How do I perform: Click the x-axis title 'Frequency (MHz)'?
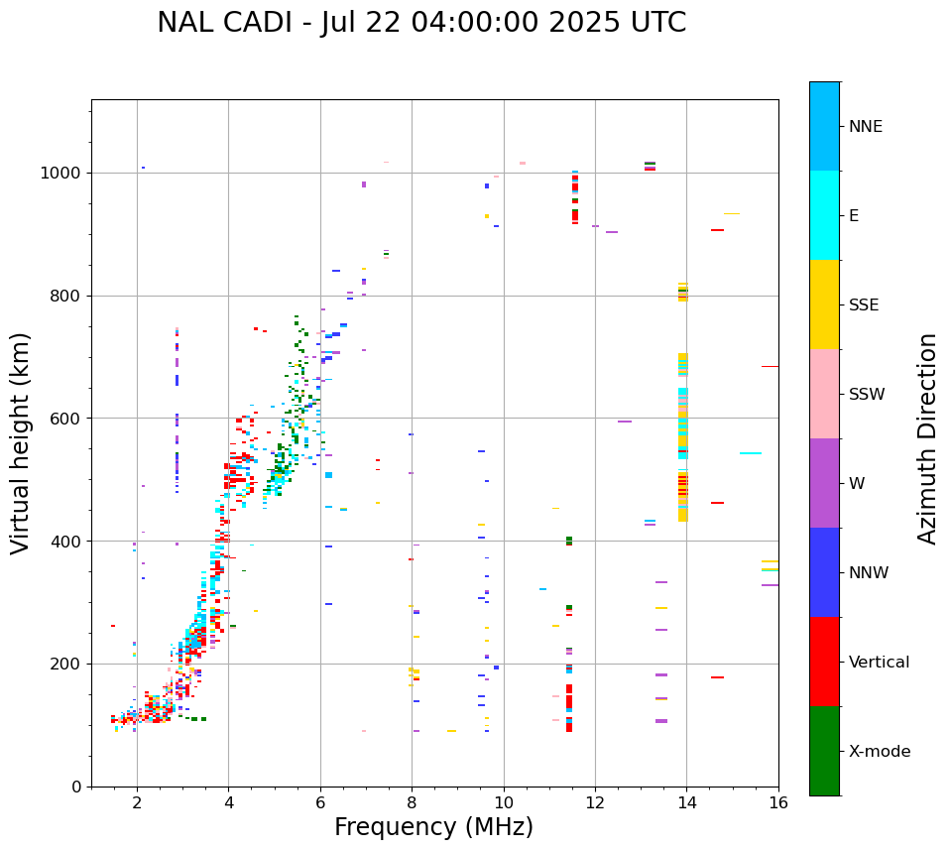pyautogui.click(x=433, y=827)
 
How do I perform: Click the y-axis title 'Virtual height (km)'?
pyautogui.click(x=21, y=443)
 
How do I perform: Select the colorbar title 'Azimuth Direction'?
pyautogui.click(x=927, y=438)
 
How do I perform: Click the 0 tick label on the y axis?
pyautogui.click(x=75, y=787)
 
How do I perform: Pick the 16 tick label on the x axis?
pyautogui.click(x=778, y=803)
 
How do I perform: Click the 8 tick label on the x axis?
pyautogui.click(x=412, y=803)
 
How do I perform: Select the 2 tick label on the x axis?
pyautogui.click(x=137, y=803)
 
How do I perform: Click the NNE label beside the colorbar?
pyautogui.click(x=865, y=127)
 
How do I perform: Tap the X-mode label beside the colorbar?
pyautogui.click(x=880, y=752)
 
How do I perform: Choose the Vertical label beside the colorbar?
pyautogui.click(x=879, y=663)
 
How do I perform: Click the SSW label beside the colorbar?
pyautogui.click(x=867, y=395)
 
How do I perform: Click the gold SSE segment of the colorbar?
pyautogui.click(x=824, y=304)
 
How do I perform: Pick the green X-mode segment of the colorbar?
pyautogui.click(x=824, y=751)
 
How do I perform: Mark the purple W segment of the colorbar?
pyautogui.click(x=824, y=483)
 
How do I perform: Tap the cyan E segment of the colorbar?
pyautogui.click(x=824, y=215)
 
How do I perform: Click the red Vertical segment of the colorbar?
pyautogui.click(x=824, y=662)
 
